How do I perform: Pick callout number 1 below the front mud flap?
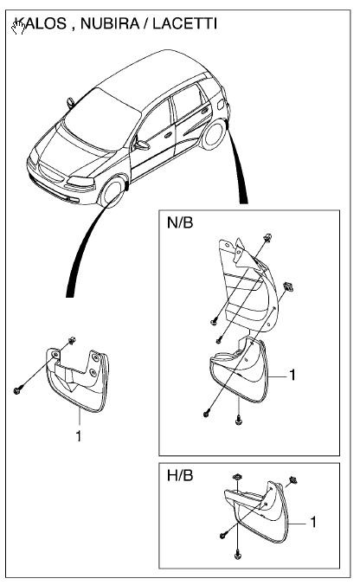[x=78, y=436]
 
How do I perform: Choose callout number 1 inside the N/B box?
[x=292, y=376]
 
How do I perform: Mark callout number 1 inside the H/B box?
[x=312, y=523]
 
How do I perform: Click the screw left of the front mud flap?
[x=18, y=390]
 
